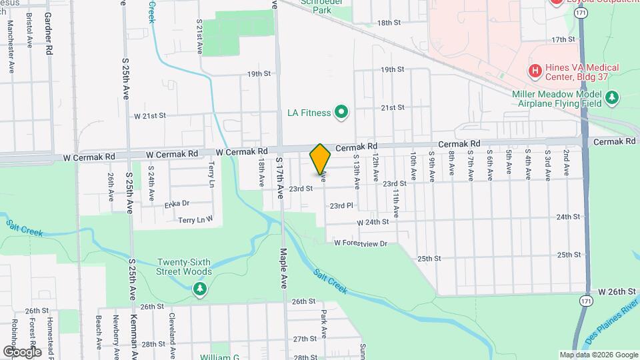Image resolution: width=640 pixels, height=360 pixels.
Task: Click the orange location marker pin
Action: coord(321,160)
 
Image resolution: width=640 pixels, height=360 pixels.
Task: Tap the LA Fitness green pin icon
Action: coord(342,112)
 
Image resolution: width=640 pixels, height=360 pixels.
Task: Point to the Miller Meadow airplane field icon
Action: coord(612,99)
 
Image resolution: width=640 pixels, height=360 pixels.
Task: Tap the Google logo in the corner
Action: coord(22,351)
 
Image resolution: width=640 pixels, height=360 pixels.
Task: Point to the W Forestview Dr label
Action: coord(361,243)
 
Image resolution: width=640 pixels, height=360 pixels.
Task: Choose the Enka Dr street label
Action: coord(177,203)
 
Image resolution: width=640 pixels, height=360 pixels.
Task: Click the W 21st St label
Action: coord(149,115)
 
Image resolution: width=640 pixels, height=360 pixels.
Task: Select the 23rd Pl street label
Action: coord(341,206)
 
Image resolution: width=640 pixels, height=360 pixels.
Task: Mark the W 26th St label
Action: coord(617,292)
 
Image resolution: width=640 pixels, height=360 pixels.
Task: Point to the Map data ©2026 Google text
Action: coord(599,355)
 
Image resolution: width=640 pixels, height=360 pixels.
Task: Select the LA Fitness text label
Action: coord(309,113)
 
